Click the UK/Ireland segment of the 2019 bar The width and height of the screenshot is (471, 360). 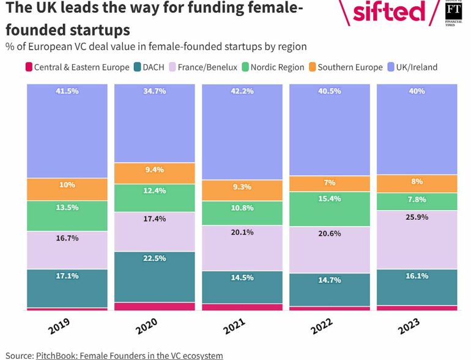67,131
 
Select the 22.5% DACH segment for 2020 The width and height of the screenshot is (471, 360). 155,277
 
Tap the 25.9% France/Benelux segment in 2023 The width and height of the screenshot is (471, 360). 417,239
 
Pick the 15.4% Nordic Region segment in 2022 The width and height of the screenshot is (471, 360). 330,209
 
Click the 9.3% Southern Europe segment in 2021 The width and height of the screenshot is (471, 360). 242,190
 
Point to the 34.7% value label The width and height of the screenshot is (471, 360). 155,91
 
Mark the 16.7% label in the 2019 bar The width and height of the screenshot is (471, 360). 67,238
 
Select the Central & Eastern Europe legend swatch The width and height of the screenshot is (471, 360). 28,67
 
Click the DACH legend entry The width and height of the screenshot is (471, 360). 148,67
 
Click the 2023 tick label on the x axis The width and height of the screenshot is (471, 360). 410,325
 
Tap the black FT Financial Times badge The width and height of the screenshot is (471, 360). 453,12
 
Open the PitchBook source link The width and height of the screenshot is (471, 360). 129,355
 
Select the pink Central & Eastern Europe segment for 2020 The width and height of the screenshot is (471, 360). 155,306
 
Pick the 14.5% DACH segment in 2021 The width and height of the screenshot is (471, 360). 242,287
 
